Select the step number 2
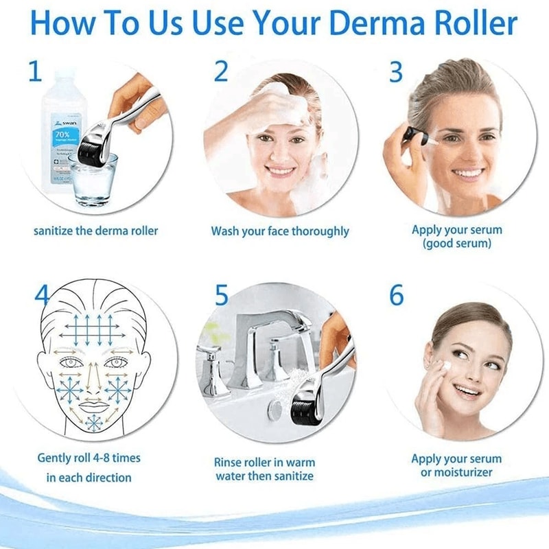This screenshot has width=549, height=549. (220, 71)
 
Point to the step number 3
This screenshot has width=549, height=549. (396, 71)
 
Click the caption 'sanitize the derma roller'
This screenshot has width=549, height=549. (96, 231)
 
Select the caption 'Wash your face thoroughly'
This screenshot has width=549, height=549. (280, 231)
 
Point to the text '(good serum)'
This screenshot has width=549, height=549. (456, 244)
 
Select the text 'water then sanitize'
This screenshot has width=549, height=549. (264, 476)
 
